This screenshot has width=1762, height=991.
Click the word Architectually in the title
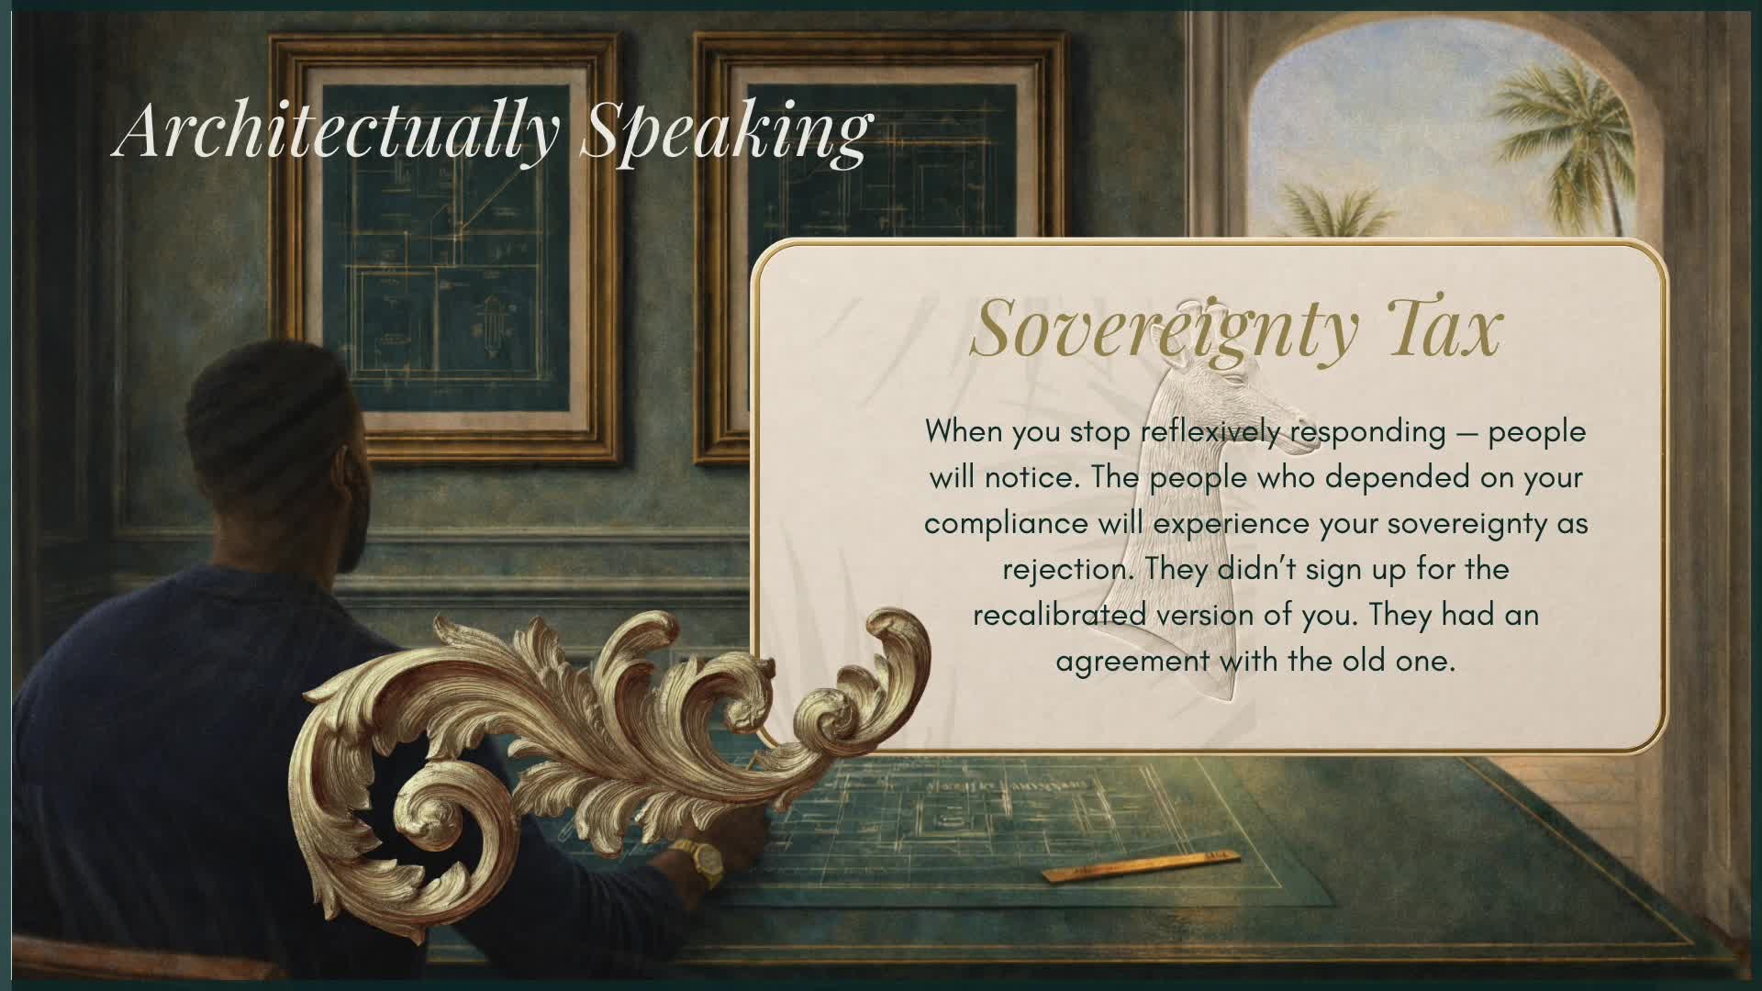[x=336, y=130]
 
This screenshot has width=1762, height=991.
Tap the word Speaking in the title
[x=726, y=130]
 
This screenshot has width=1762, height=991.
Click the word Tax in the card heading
[x=1442, y=327]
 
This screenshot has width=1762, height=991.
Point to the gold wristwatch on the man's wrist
[x=701, y=860]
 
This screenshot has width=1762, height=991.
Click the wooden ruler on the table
[x=1141, y=866]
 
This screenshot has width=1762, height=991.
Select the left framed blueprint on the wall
[x=446, y=248]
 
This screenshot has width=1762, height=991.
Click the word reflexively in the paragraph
[x=1211, y=431]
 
